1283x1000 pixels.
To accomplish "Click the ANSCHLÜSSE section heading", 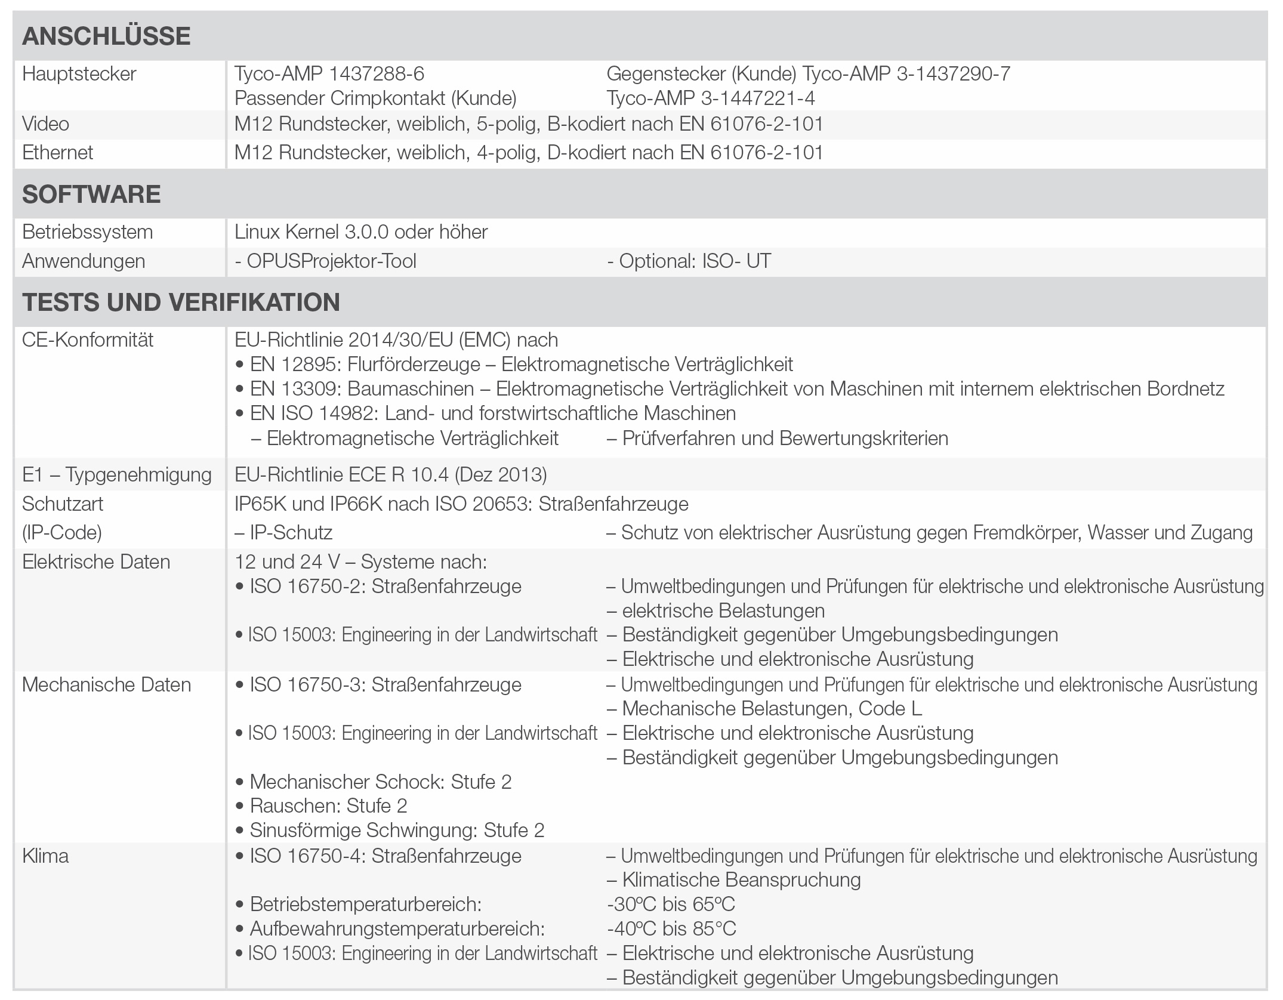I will click(x=106, y=36).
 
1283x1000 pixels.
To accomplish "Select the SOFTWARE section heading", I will click(x=91, y=195).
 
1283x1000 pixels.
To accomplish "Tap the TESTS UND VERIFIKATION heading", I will click(x=181, y=302).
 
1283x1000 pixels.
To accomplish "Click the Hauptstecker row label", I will click(x=79, y=74).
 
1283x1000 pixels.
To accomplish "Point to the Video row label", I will click(x=46, y=124).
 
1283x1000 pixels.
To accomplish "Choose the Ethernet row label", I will click(x=58, y=153).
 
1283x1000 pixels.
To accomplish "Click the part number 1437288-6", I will click(x=377, y=74).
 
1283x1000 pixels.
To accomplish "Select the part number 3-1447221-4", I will click(x=758, y=98).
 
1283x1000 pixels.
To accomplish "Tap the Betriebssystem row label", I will click(x=88, y=232).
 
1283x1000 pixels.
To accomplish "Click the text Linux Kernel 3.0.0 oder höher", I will click(x=361, y=232).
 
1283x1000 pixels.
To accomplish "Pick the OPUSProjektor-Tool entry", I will click(x=326, y=261).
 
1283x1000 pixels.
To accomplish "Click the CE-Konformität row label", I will click(x=88, y=340).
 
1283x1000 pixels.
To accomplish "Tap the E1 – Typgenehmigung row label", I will click(x=117, y=475).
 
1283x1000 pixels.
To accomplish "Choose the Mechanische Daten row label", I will click(x=107, y=685).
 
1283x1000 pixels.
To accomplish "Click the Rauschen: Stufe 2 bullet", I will click(x=328, y=806).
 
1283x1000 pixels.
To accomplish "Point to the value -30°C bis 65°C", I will click(x=671, y=905).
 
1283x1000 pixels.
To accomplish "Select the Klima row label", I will click(x=45, y=856).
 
